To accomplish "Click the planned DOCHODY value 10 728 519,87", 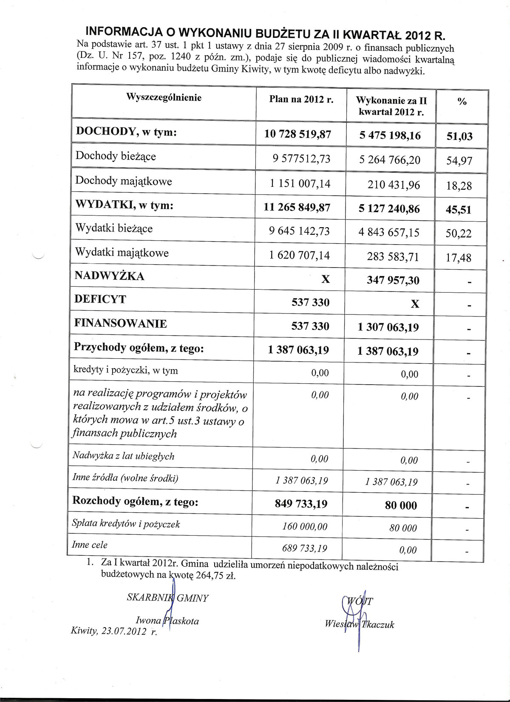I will tap(297, 134).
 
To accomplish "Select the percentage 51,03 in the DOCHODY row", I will tap(459, 136).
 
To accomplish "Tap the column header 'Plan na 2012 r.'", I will tap(301, 100).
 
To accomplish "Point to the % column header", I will tap(462, 102).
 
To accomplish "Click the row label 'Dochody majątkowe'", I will tap(124, 181).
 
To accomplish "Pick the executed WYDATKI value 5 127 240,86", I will tap(389, 209).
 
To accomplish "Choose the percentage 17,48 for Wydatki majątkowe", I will tap(459, 257).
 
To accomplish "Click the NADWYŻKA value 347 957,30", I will tap(393, 280).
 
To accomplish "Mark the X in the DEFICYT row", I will tap(415, 304).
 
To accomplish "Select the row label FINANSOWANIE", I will tap(121, 323).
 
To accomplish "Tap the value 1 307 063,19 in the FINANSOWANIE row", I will tap(388, 327).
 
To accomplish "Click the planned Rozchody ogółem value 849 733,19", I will tap(301, 504).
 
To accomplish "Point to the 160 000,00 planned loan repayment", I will tap(305, 527).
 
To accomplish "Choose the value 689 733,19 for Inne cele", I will tap(305, 548).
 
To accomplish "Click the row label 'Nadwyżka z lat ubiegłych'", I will tap(123, 456).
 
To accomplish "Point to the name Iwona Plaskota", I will tap(167, 621).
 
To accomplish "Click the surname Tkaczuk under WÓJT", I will tap(378, 625).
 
